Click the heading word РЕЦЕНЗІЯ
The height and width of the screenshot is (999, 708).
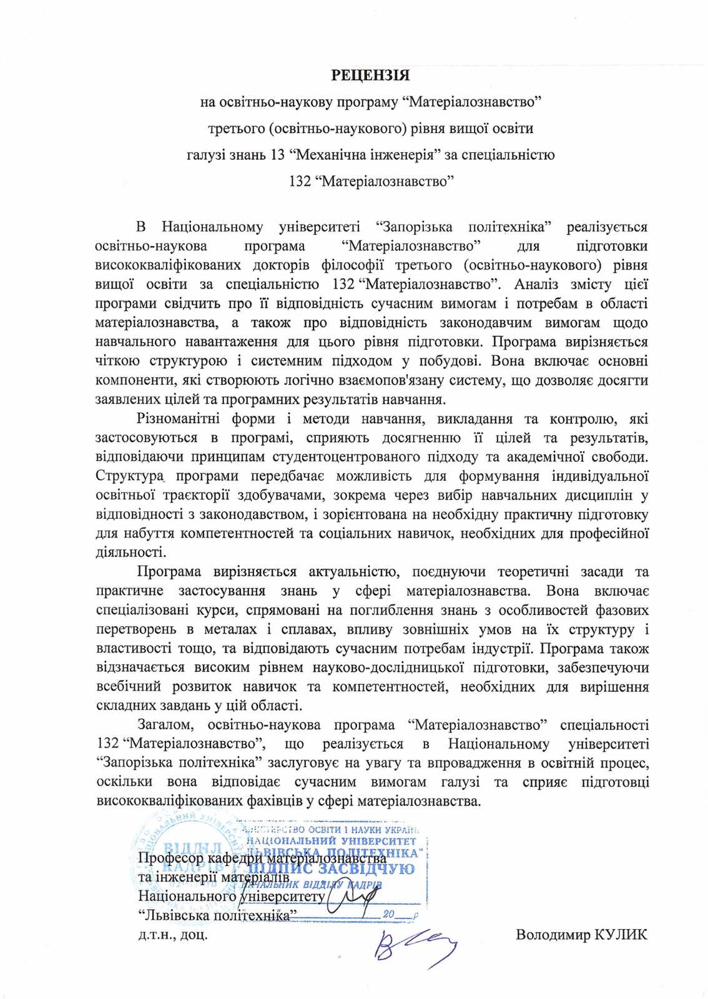click(x=370, y=76)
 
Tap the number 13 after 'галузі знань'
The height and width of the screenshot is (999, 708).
click(x=278, y=154)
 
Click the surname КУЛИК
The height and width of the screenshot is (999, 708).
click(x=621, y=935)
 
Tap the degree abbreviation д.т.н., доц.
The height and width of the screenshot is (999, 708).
click(x=173, y=935)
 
